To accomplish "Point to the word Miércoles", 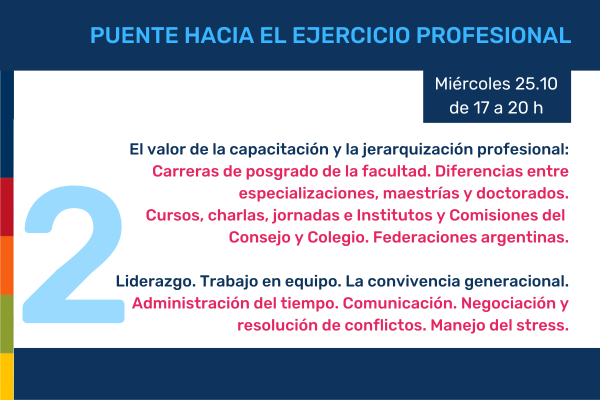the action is click(x=473, y=84).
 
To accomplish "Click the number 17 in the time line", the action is click(x=482, y=108).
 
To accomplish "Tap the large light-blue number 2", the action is click(x=73, y=254).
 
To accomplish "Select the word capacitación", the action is click(x=279, y=150).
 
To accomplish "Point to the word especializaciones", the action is click(x=309, y=194).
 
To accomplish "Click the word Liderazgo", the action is click(x=156, y=282).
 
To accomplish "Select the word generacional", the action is click(x=517, y=282).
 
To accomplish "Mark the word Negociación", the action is click(x=506, y=304).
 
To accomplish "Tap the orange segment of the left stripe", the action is click(x=7, y=265).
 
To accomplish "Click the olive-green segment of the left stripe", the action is click(x=7, y=324).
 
